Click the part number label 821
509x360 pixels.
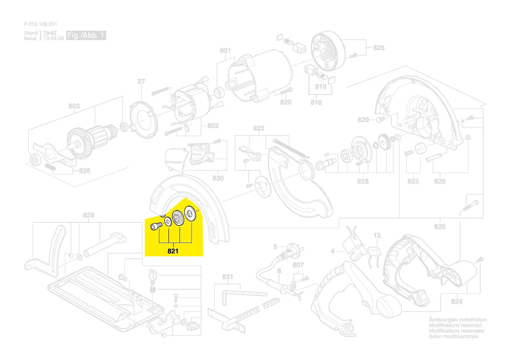click(173, 251)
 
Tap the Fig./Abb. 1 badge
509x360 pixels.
click(85, 35)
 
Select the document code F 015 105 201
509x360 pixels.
click(40, 24)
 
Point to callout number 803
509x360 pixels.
click(74, 106)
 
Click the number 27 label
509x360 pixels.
click(141, 82)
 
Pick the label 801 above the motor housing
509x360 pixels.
click(225, 51)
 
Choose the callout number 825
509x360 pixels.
click(379, 48)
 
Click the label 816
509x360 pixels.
click(316, 102)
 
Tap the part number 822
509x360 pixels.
click(259, 129)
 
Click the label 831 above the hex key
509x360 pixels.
click(228, 277)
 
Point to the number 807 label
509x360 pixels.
click(298, 265)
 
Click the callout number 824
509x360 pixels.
click(457, 302)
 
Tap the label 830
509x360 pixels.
click(218, 178)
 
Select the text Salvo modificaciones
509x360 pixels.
click(453, 336)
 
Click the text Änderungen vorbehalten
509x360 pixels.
click(457, 320)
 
